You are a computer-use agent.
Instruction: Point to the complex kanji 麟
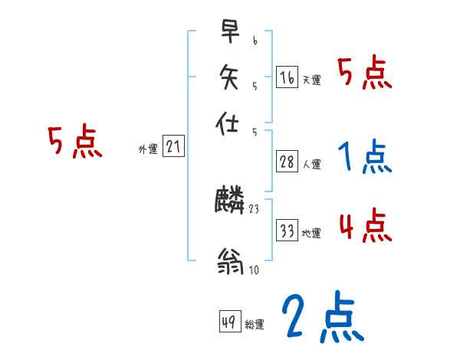point(230,201)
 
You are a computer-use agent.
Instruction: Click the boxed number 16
point(287,77)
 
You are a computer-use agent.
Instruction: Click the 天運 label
point(311,80)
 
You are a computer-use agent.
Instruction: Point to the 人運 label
point(312,164)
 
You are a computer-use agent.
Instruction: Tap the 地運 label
point(311,233)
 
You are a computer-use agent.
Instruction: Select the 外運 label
point(148,149)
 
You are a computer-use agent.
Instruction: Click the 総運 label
point(255,325)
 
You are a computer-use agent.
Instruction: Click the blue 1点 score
point(364,157)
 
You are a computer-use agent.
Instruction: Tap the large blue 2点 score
point(321,316)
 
